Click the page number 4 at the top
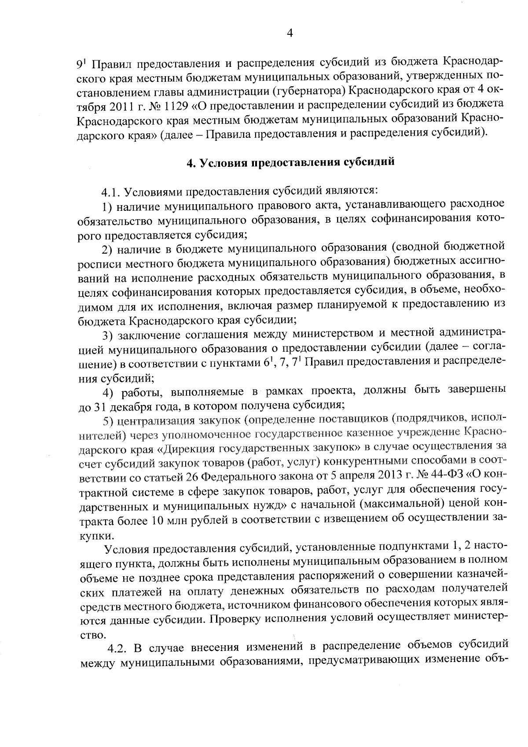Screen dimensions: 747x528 (x=290, y=33)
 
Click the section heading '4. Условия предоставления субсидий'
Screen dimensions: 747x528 (x=290, y=162)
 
